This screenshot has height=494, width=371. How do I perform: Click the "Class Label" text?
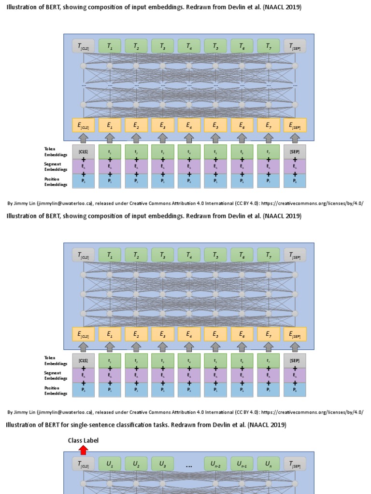(x=83, y=440)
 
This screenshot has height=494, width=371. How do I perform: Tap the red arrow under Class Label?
(x=84, y=450)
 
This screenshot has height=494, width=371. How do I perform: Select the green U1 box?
(x=110, y=464)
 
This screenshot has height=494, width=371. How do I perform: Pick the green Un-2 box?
(x=215, y=464)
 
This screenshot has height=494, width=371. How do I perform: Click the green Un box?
(x=269, y=464)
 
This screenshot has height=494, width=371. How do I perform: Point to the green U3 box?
(x=163, y=464)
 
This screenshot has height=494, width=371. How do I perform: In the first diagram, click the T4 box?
(x=189, y=46)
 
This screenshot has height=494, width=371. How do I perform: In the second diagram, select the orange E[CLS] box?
(x=84, y=334)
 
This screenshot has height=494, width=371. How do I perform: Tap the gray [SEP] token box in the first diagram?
(x=295, y=151)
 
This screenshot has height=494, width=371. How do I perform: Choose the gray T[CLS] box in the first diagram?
(x=84, y=46)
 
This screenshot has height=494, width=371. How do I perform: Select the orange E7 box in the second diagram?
(x=269, y=334)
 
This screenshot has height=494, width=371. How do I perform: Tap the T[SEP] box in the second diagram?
(x=295, y=255)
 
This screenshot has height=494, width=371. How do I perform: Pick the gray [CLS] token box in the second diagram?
(x=84, y=360)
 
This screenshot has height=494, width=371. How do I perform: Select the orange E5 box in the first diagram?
(x=215, y=126)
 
